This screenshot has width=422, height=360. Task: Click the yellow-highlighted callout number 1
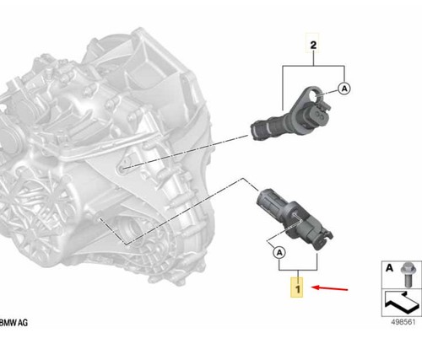pos(295,288)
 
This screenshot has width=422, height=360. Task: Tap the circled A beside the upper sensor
pos(344,87)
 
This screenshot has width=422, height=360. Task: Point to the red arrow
pos(329,288)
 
